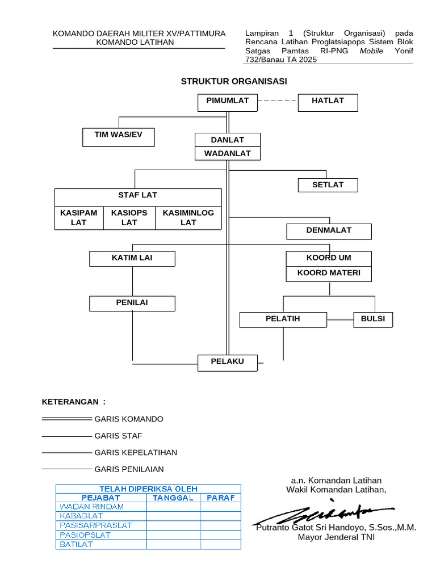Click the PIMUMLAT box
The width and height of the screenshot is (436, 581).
click(x=228, y=102)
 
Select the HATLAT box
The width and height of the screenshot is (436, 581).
click(x=328, y=102)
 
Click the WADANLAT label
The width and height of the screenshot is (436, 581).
click(x=227, y=154)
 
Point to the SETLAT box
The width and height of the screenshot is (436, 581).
click(x=328, y=185)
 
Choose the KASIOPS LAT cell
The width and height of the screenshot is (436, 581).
click(x=129, y=218)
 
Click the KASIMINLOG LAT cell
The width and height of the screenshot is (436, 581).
click(x=188, y=218)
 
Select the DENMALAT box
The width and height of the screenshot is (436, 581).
click(x=329, y=231)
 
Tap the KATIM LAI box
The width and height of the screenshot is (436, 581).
click(x=132, y=259)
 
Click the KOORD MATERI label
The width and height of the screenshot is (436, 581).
click(x=329, y=273)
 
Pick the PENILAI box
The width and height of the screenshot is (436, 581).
click(x=132, y=304)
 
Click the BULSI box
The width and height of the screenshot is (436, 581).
click(x=373, y=319)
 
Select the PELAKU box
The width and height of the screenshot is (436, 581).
click(x=228, y=363)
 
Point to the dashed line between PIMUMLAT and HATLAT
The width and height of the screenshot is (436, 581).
click(x=278, y=100)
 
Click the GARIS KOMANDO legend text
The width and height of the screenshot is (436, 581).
click(x=129, y=419)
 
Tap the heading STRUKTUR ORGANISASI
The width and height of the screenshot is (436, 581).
click(x=234, y=81)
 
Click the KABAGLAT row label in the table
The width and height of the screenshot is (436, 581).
click(x=82, y=516)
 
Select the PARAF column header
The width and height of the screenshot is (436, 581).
click(x=220, y=498)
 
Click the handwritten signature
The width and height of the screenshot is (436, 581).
click(x=324, y=513)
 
